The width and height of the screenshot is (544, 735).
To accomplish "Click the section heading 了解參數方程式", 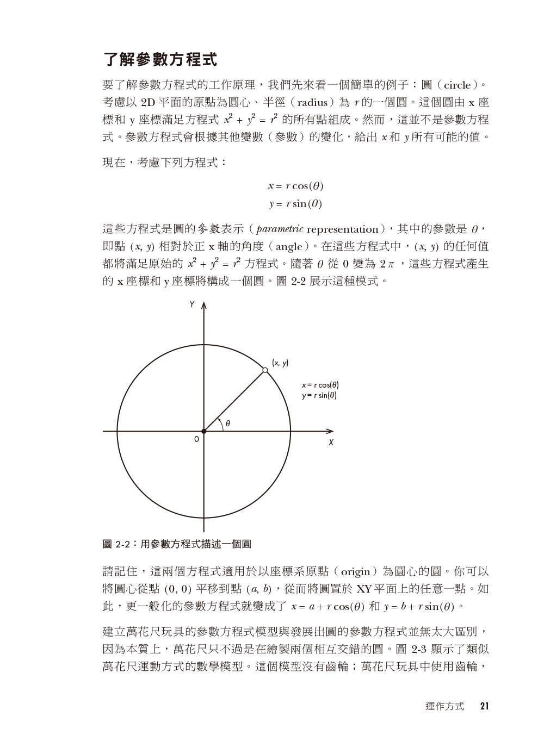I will (160, 59).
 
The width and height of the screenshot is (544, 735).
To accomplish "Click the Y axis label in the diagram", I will (192, 305).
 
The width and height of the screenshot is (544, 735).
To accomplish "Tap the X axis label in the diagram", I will (330, 443).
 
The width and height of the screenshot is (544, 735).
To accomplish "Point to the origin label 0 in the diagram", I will (196, 438).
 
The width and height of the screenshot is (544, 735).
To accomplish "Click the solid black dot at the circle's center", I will (204, 432).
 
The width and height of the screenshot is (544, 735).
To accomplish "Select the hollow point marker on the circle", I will (265, 370).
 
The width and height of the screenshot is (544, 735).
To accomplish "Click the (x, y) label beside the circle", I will (280, 363).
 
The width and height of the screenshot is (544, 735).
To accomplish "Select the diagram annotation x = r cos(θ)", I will (320, 385).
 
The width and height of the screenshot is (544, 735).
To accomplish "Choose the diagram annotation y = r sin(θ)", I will (319, 395).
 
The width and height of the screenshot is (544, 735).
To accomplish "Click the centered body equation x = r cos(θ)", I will (295, 186).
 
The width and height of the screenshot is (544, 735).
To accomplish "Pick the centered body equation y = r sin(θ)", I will (295, 204).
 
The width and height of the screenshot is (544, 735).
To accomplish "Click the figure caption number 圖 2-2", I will (115, 544).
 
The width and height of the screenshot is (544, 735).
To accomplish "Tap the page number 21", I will (485, 707).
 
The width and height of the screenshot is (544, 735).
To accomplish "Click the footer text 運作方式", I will (445, 707).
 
